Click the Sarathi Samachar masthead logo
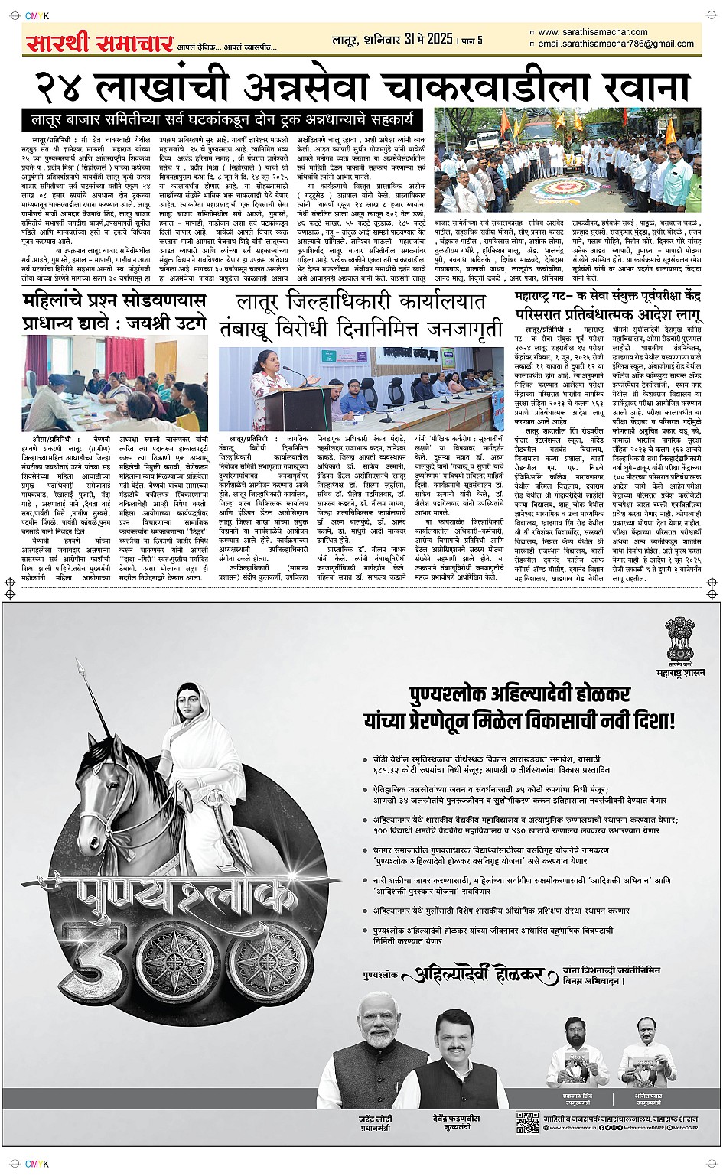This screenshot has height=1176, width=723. [x=99, y=43]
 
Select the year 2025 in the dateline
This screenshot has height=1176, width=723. [x=440, y=39]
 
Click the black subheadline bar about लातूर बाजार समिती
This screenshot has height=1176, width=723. [x=223, y=119]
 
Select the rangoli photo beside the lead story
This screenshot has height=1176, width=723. [x=568, y=159]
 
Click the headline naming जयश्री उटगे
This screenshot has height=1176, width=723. [x=115, y=310]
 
